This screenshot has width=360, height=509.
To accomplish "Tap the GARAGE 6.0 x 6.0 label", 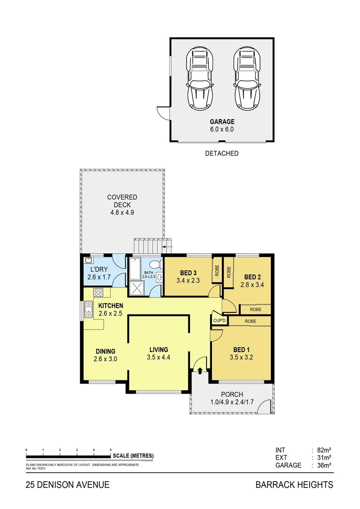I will (x=222, y=125).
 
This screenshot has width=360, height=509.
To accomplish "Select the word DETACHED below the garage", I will (x=221, y=153).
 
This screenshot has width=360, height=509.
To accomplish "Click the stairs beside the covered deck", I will (x=148, y=246).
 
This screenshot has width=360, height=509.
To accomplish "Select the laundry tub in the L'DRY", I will (x=88, y=261).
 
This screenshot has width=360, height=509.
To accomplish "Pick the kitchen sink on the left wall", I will (x=88, y=309).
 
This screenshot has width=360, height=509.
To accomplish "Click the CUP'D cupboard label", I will (x=220, y=321).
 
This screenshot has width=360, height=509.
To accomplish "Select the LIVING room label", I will (x=159, y=350).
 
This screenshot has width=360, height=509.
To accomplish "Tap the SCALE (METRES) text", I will (x=133, y=456).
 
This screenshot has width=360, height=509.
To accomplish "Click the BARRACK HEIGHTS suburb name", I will (x=294, y=484).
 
